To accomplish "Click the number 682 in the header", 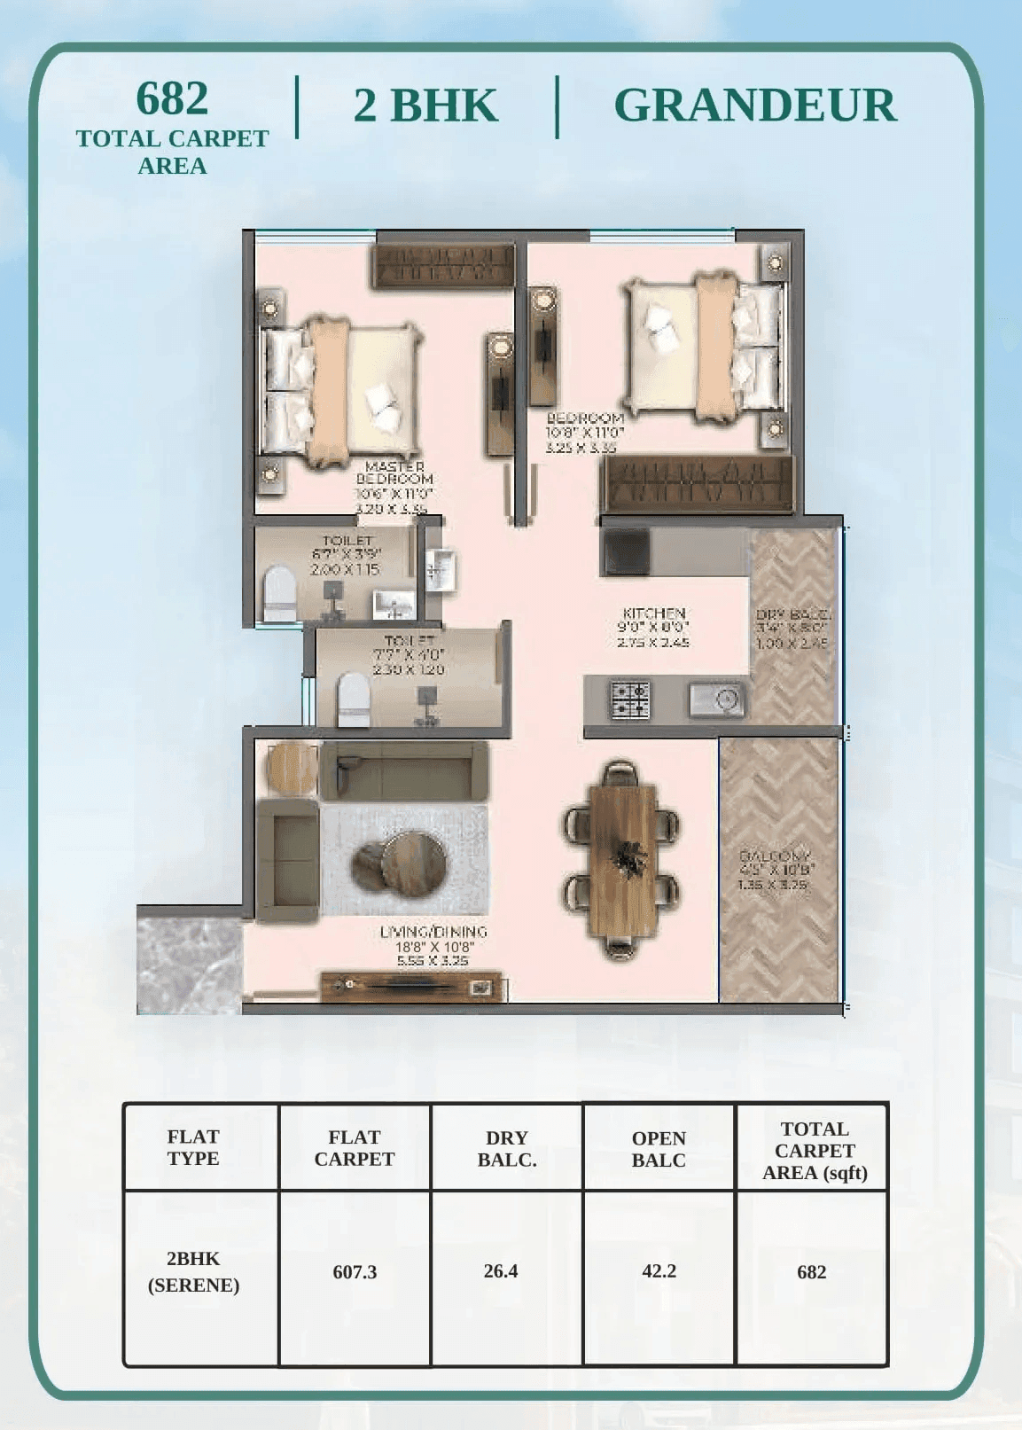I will point(172,98).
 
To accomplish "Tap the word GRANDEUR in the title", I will point(754,105).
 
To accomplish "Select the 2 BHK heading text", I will point(425,105).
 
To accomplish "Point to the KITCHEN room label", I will point(654,613).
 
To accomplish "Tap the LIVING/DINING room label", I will point(433,932).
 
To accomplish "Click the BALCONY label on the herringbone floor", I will point(775,856).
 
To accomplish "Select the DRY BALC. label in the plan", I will point(792,614).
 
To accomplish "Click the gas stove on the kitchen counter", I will point(630,699).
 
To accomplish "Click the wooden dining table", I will point(623,859).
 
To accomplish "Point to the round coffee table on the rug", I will point(401,861).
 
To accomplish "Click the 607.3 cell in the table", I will point(355,1272).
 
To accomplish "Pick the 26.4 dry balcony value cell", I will point(501,1271).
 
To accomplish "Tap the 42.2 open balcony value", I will point(659,1271).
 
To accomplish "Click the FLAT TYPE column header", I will point(193,1147).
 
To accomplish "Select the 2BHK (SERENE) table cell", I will point(193,1272).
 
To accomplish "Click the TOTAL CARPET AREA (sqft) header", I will point(815,1150).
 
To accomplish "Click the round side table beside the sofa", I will point(292,767).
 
